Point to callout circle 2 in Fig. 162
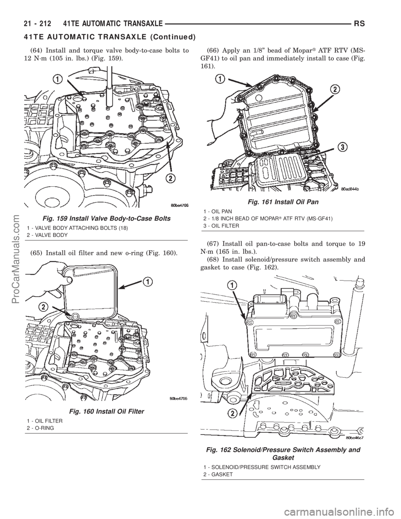[232, 414]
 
